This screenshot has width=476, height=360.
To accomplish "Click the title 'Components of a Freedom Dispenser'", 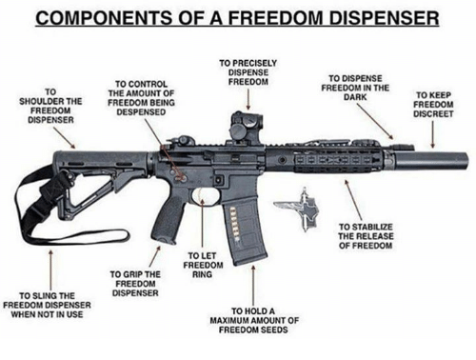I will point(238,17).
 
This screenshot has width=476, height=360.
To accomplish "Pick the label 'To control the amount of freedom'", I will point(140,96).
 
